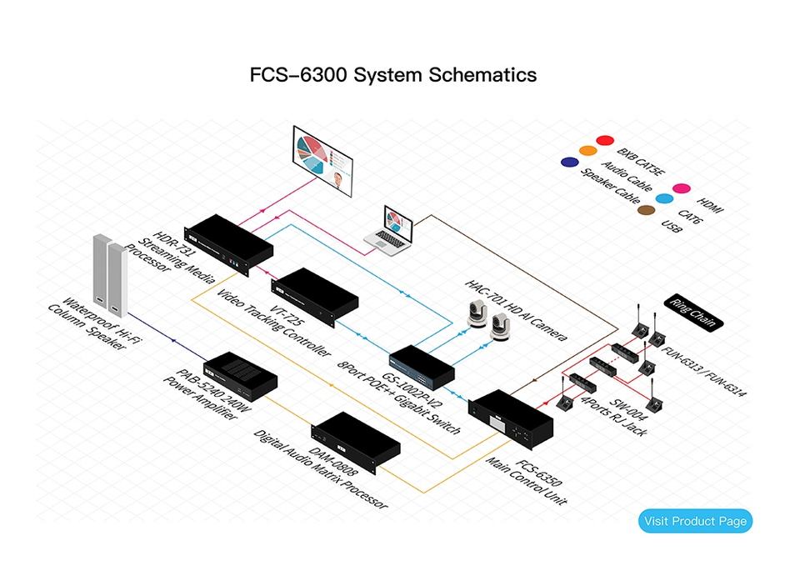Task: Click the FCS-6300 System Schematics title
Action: pos(393,74)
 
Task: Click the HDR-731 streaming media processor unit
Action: pos(228,244)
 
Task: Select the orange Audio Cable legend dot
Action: pos(587,151)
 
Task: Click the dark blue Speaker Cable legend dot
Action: pos(569,162)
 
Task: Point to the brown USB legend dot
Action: pos(645,210)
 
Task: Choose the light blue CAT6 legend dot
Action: pos(664,199)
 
